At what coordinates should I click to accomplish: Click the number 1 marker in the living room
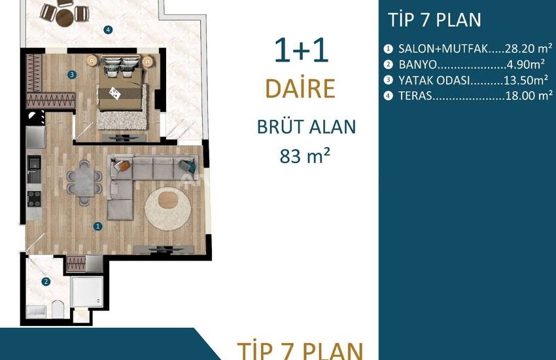tap(98, 226)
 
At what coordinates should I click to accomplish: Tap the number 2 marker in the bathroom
tap(46, 281)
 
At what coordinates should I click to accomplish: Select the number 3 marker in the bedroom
tap(72, 75)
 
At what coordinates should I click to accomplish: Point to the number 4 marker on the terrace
tap(108, 30)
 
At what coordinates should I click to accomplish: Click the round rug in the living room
tap(167, 209)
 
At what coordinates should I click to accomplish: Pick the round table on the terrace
tap(65, 18)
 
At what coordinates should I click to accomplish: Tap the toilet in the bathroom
tap(58, 310)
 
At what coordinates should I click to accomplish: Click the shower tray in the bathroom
tap(87, 291)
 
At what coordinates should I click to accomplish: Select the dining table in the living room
tap(84, 181)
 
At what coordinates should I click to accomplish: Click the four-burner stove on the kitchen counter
tap(35, 198)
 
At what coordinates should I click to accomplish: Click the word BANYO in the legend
tap(418, 65)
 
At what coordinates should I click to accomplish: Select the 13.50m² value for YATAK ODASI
tap(525, 80)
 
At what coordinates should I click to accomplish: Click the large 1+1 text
tap(302, 50)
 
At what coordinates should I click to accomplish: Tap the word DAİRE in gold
tap(300, 88)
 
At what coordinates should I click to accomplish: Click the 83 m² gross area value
tap(305, 156)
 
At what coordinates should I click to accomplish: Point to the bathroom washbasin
tap(37, 312)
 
